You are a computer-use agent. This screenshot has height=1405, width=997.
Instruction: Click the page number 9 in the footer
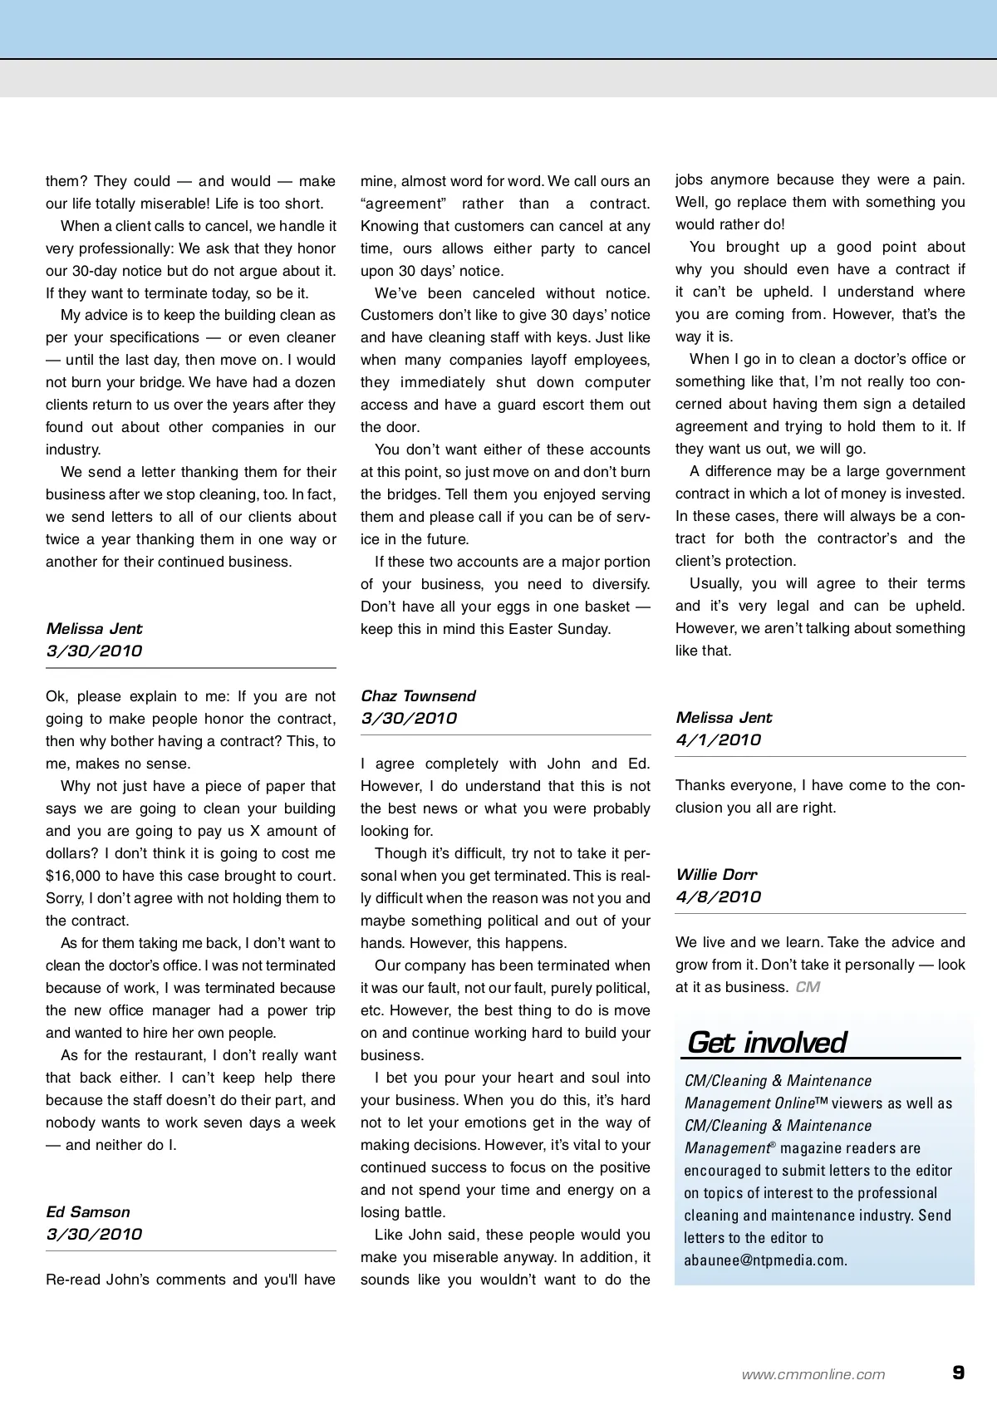958,1372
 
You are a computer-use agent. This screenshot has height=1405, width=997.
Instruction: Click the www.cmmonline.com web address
813,1374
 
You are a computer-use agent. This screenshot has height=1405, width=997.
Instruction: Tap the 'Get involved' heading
766,1042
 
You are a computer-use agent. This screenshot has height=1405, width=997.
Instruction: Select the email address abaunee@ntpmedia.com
764,1260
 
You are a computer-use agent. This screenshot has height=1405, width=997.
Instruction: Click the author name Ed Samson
88,1211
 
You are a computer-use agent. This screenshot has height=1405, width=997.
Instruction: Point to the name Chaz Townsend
418,695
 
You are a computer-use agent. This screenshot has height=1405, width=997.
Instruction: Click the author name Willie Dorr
716,874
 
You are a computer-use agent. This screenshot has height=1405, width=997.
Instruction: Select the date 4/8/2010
718,897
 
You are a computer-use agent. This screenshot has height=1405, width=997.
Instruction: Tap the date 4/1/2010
718,739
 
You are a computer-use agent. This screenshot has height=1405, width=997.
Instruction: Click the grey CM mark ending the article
807,987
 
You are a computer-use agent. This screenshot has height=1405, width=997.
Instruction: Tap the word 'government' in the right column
921,471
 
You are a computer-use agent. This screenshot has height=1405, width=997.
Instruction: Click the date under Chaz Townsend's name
409,718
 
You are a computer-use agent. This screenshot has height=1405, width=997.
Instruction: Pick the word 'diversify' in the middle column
616,584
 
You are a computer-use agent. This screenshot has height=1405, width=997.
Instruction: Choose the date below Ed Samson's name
94,1234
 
